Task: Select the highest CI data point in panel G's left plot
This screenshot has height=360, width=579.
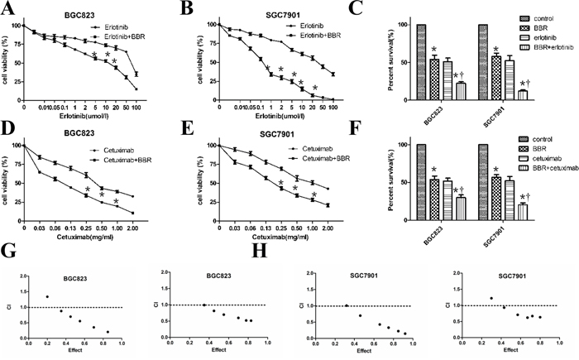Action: tap(47, 296)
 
